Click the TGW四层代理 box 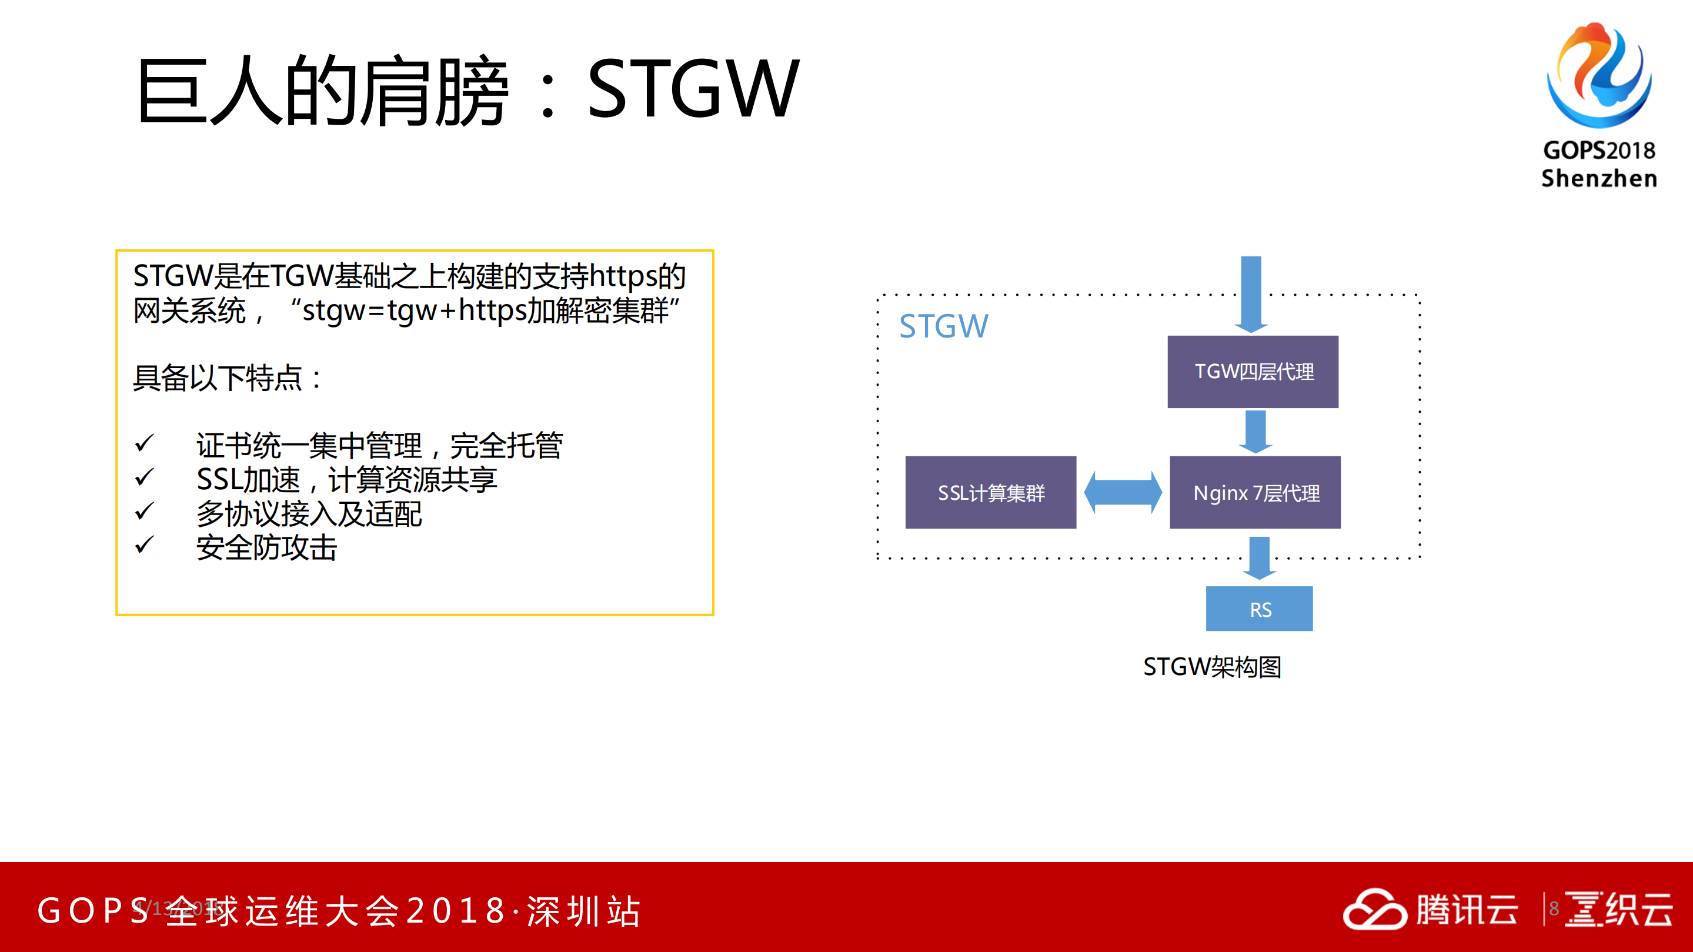click(x=1253, y=372)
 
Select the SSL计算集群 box click(x=990, y=493)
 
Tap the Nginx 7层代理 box click(x=1255, y=493)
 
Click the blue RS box click(x=1259, y=609)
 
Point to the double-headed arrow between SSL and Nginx click(x=1123, y=493)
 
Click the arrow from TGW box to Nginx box click(x=1255, y=432)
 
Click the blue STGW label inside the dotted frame click(x=943, y=326)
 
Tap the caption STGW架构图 click(x=1212, y=667)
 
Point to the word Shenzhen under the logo click(x=1598, y=179)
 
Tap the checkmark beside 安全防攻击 click(x=144, y=545)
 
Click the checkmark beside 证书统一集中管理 click(x=144, y=443)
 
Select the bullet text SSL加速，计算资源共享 click(x=346, y=480)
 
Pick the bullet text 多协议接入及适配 click(x=309, y=514)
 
